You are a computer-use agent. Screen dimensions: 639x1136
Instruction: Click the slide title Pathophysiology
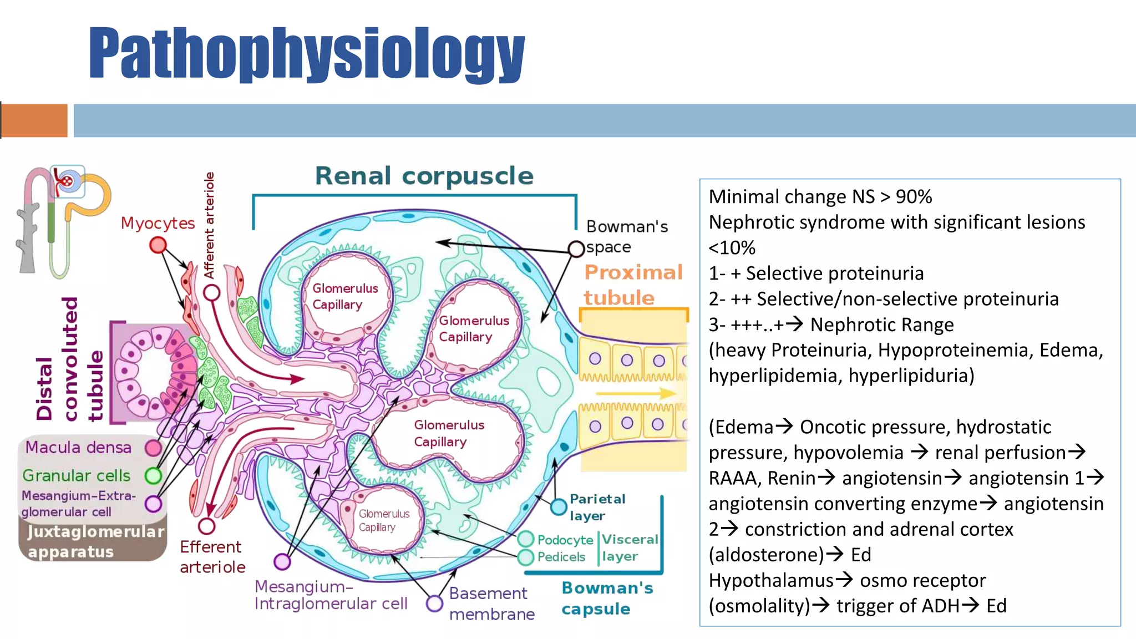pyautogui.click(x=306, y=54)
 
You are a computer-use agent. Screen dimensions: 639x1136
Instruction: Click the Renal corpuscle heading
pyautogui.click(x=424, y=176)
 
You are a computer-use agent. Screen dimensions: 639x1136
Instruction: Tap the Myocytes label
pyautogui.click(x=158, y=223)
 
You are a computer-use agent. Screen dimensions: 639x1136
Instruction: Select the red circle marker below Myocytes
pyautogui.click(x=158, y=245)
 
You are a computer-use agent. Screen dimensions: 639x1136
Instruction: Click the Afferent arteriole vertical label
pyautogui.click(x=209, y=225)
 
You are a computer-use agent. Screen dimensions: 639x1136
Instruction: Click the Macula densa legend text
pyautogui.click(x=78, y=447)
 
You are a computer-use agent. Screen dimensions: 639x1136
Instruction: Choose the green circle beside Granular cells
pyautogui.click(x=153, y=475)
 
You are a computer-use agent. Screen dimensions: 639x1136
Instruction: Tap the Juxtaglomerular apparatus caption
pyautogui.click(x=94, y=541)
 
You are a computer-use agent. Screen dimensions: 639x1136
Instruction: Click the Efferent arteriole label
pyautogui.click(x=212, y=556)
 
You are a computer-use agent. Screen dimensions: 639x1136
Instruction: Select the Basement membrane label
pyautogui.click(x=491, y=603)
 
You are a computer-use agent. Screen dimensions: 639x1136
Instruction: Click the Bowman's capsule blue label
pyautogui.click(x=607, y=598)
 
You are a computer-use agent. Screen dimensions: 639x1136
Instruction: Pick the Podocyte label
pyautogui.click(x=565, y=540)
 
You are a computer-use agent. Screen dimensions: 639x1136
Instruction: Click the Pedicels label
pyautogui.click(x=561, y=557)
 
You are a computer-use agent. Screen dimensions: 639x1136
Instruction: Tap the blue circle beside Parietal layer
pyautogui.click(x=559, y=506)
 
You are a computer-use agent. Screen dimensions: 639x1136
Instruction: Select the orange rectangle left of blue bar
pyautogui.click(x=34, y=120)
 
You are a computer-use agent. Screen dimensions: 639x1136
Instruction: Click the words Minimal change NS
pyautogui.click(x=792, y=197)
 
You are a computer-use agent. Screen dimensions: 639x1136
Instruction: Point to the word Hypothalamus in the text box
pyautogui.click(x=770, y=580)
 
